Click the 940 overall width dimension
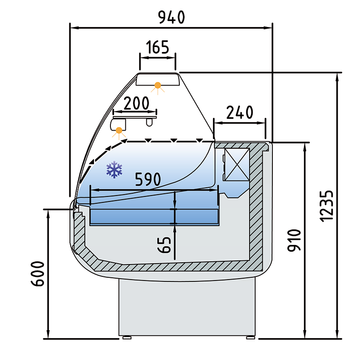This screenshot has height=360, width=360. [171, 17]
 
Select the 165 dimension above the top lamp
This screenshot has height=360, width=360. [157, 47]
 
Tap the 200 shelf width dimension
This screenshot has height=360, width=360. [136, 103]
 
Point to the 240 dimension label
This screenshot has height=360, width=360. [240, 112]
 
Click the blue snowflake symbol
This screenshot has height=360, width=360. [115, 169]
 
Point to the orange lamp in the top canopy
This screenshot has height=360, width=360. [158, 85]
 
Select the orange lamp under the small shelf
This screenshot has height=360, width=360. [119, 130]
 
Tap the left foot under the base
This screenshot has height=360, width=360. [125, 338]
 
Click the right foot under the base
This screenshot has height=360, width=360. [250, 338]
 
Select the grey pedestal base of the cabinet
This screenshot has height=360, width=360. [187, 306]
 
